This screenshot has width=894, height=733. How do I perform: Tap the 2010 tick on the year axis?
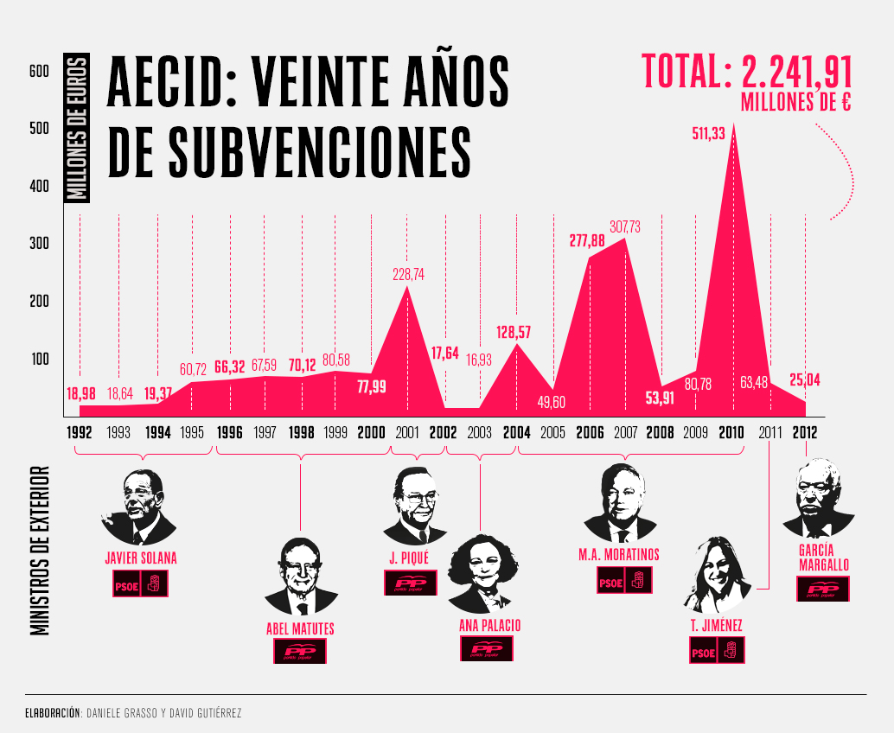click(731, 431)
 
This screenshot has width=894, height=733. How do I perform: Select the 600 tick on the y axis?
click(38, 72)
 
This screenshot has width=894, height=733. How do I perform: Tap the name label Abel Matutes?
click(300, 628)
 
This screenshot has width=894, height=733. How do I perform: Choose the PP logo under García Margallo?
click(822, 590)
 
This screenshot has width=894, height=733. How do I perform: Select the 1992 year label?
click(80, 431)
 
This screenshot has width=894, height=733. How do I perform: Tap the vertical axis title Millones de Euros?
click(78, 129)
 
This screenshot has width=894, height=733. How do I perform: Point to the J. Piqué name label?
click(409, 558)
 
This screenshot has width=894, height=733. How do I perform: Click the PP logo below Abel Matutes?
click(300, 652)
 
